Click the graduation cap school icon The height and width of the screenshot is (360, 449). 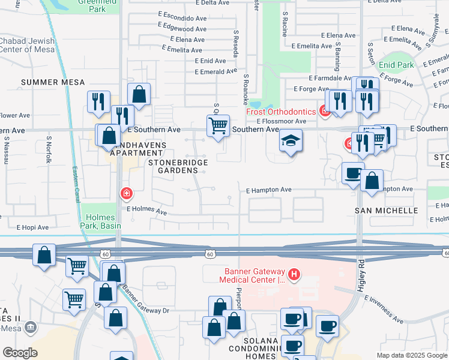pyautogui.click(x=291, y=141)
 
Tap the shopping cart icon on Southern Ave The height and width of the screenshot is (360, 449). pyautogui.click(x=217, y=126)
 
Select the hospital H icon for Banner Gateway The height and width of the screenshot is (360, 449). pyautogui.click(x=294, y=275)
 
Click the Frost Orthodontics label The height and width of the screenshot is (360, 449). pyautogui.click(x=281, y=112)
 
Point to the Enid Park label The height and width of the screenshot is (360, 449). pyautogui.click(x=396, y=64)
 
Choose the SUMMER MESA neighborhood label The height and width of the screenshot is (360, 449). pyautogui.click(x=53, y=82)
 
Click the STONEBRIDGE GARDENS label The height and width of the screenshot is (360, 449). pyautogui.click(x=178, y=166)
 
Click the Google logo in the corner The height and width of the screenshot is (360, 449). pyautogui.click(x=20, y=352)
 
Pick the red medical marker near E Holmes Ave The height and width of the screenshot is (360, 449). pyautogui.click(x=127, y=193)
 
